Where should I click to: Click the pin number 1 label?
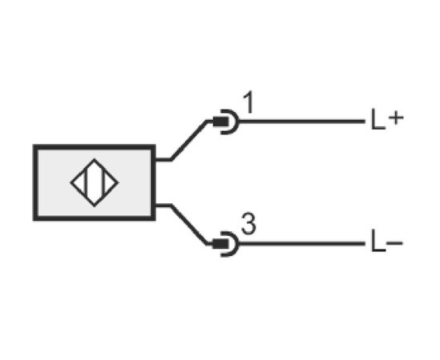point(249,102)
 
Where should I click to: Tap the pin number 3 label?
point(249,224)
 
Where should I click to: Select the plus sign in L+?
point(396,118)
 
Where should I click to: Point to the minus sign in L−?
point(395,243)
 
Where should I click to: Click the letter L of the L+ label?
point(378,119)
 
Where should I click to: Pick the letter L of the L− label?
point(378,241)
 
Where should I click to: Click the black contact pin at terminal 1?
point(221,122)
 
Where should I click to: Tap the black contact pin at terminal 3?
point(221,243)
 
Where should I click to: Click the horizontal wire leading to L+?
point(302,122)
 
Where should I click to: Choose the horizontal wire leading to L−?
point(302,243)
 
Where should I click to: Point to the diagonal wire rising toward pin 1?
point(189,141)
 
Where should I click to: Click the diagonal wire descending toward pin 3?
point(189,225)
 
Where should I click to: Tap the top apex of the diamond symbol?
point(94,159)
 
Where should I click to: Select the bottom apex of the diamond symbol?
point(94,206)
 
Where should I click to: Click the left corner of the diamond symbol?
point(70,183)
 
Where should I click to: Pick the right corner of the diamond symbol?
point(118,183)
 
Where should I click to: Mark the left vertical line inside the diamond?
point(86,183)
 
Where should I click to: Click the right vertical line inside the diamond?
point(103,183)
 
